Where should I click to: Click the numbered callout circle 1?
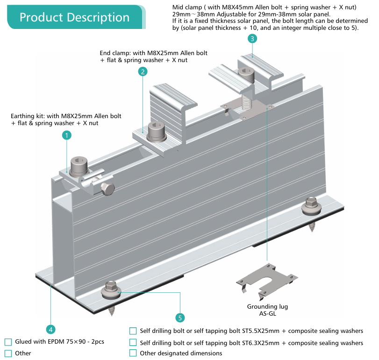67,135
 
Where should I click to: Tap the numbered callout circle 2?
143,71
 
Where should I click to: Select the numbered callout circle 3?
252,39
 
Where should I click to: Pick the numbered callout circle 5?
180,318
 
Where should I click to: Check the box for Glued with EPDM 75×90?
8,342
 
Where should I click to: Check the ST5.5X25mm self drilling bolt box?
133,331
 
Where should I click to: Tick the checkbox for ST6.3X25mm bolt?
133,343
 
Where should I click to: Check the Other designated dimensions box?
133,353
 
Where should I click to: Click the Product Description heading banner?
74,17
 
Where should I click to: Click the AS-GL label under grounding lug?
267,314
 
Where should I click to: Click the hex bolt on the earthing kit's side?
107,189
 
